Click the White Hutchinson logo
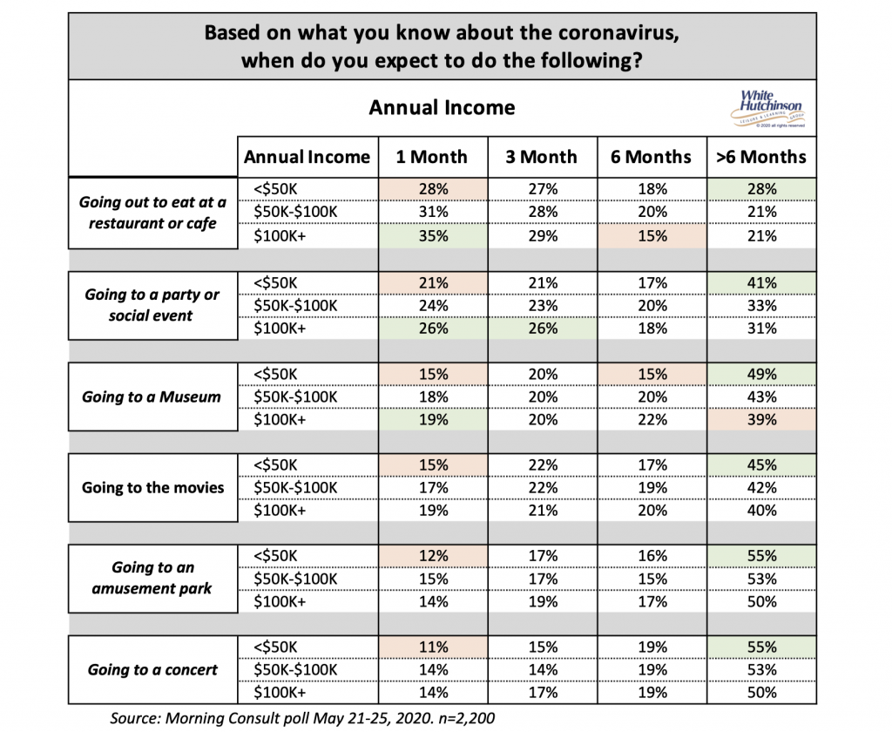point(768,109)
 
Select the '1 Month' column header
point(432,157)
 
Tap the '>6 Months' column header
point(761,157)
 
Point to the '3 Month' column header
point(542,157)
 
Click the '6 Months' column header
point(652,157)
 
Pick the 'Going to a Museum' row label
point(152,396)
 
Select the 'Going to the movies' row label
point(153,487)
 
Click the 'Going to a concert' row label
point(152,669)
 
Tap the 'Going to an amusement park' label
point(152,578)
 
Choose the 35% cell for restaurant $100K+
point(434,235)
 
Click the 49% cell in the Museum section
point(761,374)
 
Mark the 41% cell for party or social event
point(761,283)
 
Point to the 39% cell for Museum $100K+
point(761,419)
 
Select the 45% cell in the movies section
point(761,465)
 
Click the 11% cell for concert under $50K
point(434,647)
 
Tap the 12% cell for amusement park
point(434,556)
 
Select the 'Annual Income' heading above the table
point(442,107)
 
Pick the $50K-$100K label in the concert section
point(295,670)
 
